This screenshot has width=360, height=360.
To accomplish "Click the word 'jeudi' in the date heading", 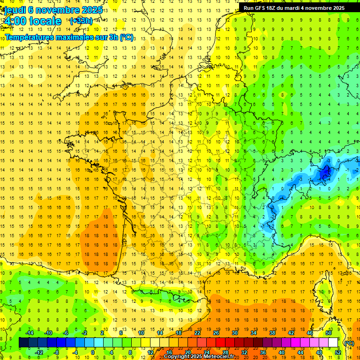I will [15, 9].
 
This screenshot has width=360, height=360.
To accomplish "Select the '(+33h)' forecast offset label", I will [81, 21].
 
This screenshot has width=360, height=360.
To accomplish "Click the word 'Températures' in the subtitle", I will [30, 37].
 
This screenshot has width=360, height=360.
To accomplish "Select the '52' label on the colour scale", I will [337, 352].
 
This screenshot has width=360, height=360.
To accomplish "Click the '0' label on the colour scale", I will [93, 352].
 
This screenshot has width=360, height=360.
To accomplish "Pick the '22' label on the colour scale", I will [197, 333].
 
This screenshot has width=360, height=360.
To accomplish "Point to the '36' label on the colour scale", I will [263, 352].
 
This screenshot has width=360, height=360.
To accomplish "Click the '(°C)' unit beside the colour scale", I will [349, 343].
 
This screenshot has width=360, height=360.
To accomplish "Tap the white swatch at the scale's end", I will [333, 343].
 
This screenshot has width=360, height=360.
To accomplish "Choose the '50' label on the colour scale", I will [329, 333].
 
